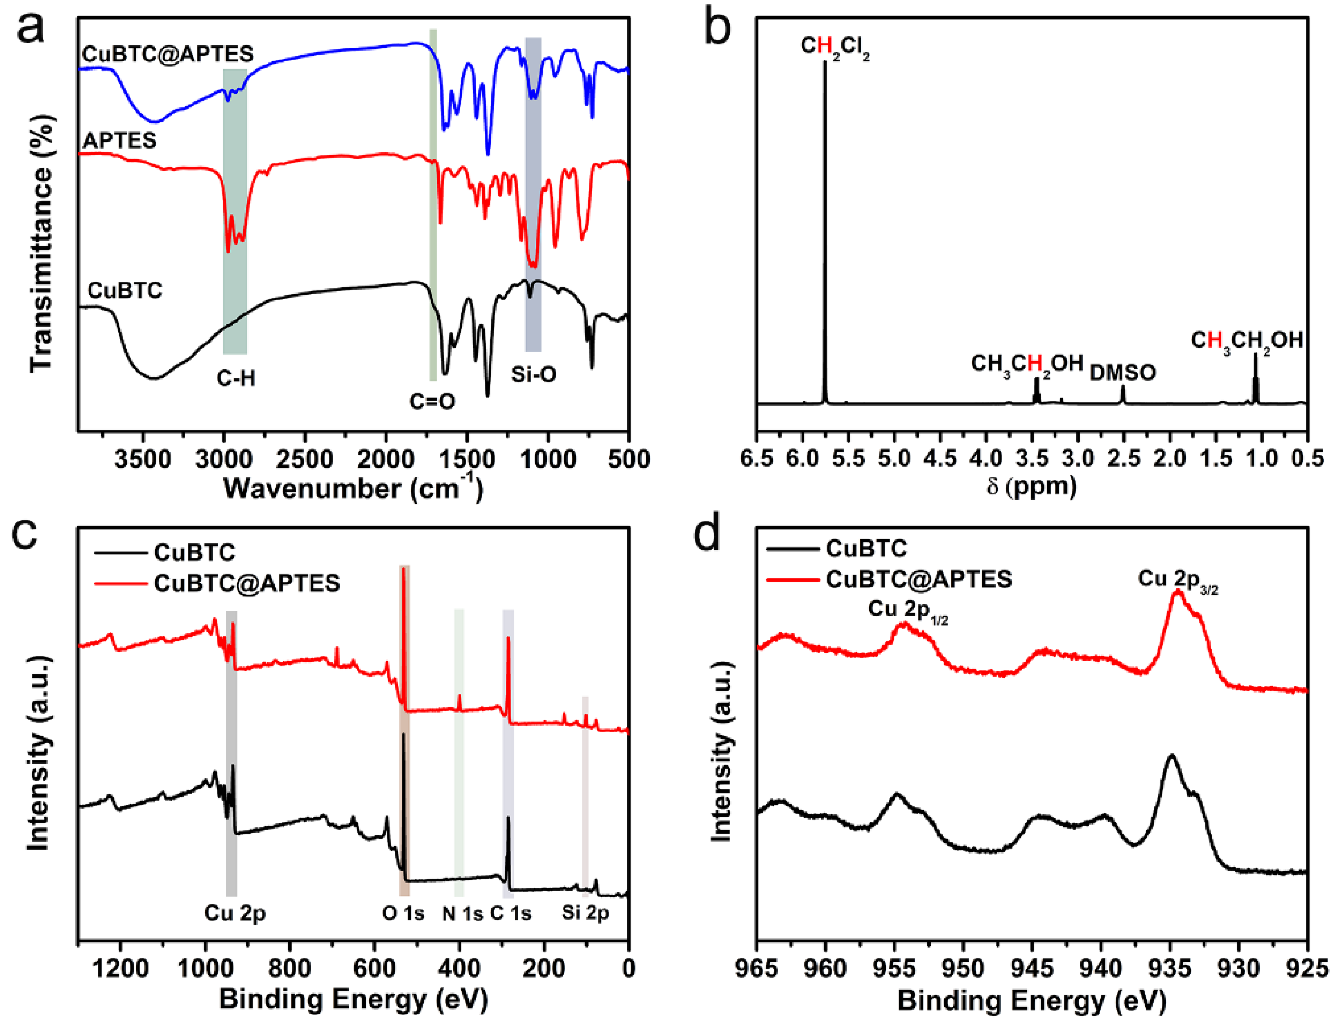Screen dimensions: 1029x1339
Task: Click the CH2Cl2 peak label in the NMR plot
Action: (835, 48)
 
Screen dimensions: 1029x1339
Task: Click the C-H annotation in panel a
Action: (236, 378)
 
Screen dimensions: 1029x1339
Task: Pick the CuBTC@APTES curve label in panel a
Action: (168, 54)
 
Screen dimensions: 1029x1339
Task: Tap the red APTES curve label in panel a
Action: (119, 140)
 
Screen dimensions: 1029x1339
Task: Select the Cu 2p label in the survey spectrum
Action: (235, 913)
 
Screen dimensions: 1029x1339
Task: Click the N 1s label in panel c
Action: (462, 914)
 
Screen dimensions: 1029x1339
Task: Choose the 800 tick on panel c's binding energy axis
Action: (290, 969)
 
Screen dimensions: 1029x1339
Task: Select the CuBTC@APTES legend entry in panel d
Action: (918, 579)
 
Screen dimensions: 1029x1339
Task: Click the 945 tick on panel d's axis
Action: (1033, 969)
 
